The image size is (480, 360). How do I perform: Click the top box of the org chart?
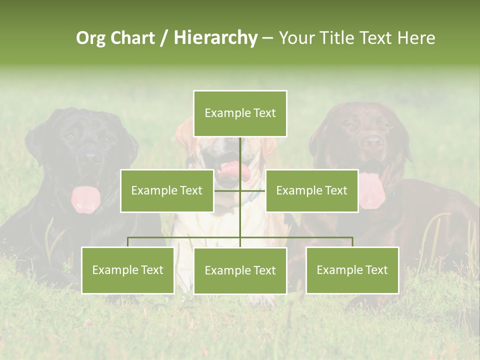240,113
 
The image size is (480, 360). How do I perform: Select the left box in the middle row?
167,190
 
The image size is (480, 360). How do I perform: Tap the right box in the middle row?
311,190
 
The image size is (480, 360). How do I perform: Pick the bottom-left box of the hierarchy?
127,270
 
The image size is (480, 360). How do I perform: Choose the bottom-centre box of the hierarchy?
240,270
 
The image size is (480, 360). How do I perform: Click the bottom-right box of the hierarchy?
352,270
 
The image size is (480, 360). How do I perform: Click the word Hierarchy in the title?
215,38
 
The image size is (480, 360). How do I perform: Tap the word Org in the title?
90,38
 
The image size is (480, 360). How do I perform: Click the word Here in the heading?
416,38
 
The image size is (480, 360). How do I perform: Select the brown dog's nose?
372,142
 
